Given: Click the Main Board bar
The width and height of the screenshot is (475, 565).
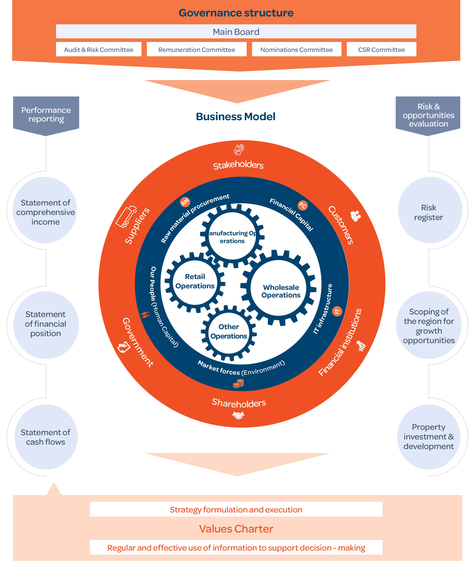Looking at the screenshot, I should click(236, 32).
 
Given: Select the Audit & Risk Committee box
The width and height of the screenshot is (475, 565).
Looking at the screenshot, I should click(99, 49).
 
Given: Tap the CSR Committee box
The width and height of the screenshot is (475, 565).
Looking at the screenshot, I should click(381, 49).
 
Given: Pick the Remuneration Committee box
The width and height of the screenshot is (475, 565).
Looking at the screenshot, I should click(197, 49).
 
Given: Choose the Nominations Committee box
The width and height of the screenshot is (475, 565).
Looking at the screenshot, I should click(296, 49).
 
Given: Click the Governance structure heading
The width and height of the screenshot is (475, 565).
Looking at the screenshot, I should click(236, 13).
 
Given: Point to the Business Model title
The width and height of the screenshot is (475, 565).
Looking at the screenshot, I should click(235, 116).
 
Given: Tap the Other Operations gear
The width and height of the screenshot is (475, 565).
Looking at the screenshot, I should click(229, 332).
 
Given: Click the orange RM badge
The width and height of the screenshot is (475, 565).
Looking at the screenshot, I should click(185, 202).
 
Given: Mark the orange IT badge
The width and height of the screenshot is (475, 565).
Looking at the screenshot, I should click(337, 311).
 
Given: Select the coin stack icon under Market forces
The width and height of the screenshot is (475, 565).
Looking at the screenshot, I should click(238, 383).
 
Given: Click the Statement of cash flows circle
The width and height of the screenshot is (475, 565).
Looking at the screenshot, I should click(46, 437).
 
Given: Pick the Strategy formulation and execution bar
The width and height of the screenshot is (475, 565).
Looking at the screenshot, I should click(236, 509).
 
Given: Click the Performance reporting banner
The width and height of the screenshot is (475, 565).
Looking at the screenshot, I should click(46, 115).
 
